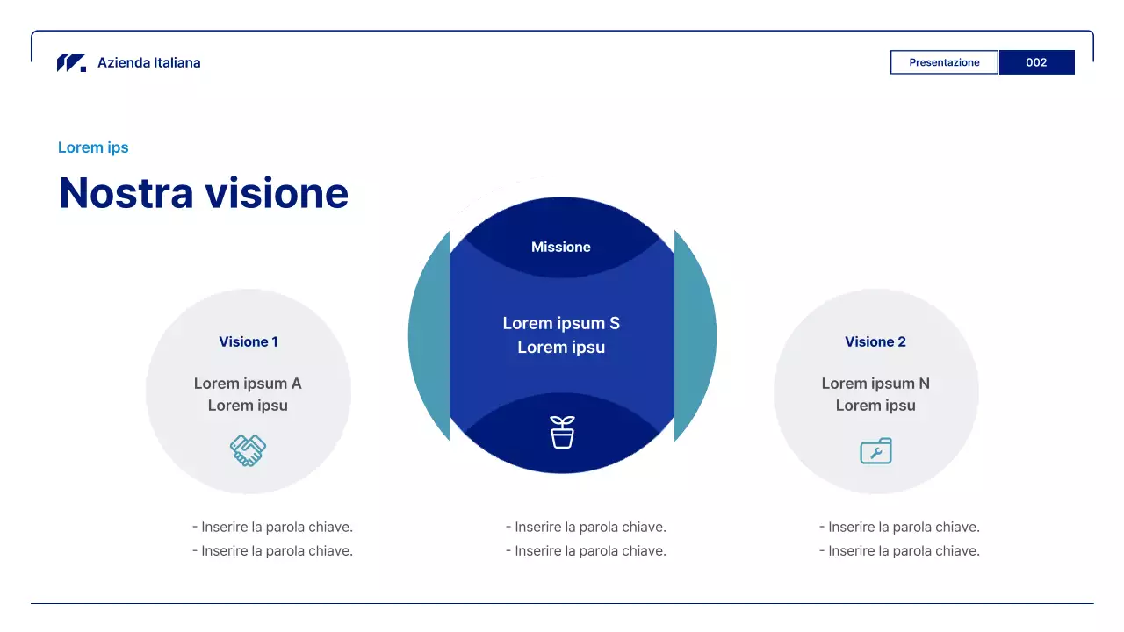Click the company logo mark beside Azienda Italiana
pos(71,62)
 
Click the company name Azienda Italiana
pos(149,62)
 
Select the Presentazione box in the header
pos(944,62)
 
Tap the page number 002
pos(1037,62)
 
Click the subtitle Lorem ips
pos(93,147)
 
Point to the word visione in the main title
pos(277,193)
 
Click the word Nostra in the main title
pos(126,193)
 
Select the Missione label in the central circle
pos(561,247)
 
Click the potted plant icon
pos(562,432)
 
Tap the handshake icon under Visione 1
pos(248,450)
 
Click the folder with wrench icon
pos(875,451)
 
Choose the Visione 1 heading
pos(249,341)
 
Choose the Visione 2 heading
pos(875,341)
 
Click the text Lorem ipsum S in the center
pos(561,323)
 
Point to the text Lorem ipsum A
pos(248,384)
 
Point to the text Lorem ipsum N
pos(875,384)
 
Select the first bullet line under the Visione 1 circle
pos(272,528)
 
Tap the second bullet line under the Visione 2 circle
pos(899,550)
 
